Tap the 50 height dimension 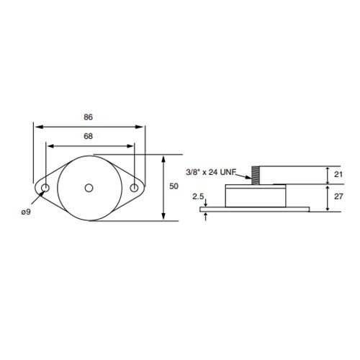(173, 186)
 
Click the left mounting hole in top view (45, 189)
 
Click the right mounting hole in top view (134, 189)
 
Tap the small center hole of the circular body (89, 189)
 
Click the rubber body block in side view (256, 196)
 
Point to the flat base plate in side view (256, 210)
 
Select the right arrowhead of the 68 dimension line (131, 144)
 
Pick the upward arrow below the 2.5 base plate (207, 215)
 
